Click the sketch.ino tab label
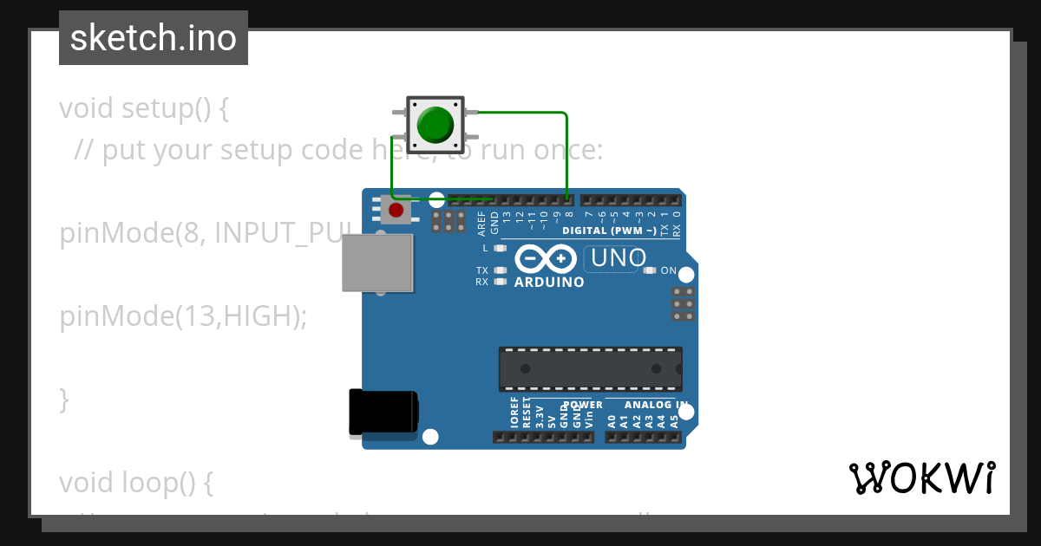coord(154,38)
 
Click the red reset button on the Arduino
coord(396,211)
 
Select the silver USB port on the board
coord(376,263)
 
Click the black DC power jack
coord(383,412)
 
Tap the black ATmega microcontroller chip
coord(590,368)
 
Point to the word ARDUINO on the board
coord(549,283)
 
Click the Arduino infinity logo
coord(546,259)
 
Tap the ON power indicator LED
coord(650,270)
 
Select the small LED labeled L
coord(499,249)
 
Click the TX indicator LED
coord(499,270)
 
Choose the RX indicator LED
coord(499,282)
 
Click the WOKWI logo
coord(921,478)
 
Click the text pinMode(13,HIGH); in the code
coord(183,316)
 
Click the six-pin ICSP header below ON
coord(683,304)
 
